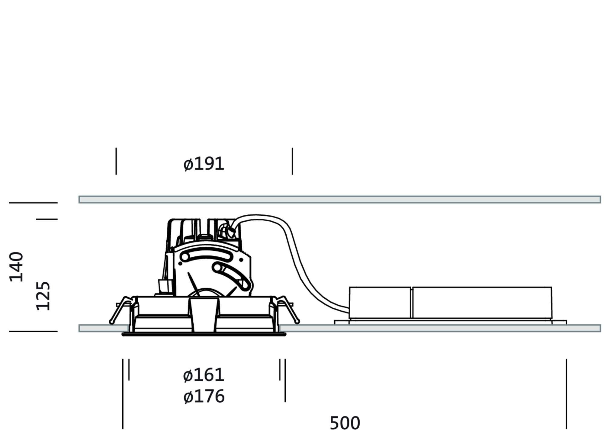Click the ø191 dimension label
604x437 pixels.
click(204, 164)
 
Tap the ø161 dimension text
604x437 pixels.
click(204, 375)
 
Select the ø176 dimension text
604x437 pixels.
click(204, 396)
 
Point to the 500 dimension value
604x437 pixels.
click(345, 423)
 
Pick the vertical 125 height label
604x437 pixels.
click(43, 296)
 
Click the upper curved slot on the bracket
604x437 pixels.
click(207, 255)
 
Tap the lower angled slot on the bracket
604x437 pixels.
click(231, 276)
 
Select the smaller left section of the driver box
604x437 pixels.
click(380, 302)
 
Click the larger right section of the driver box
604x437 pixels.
click(482, 302)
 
